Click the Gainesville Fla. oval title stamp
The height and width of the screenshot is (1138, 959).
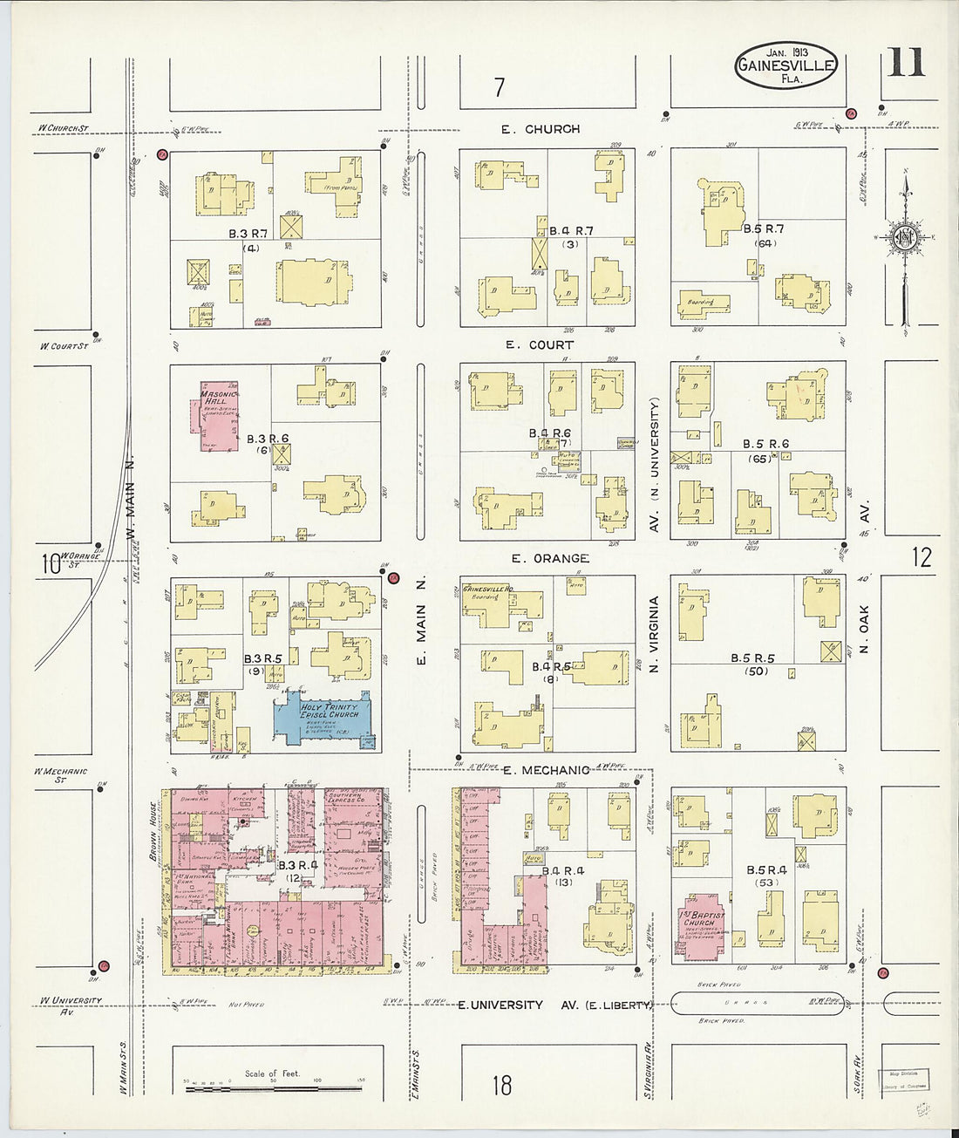click(786, 65)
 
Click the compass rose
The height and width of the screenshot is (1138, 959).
click(904, 236)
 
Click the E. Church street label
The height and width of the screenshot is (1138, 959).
click(541, 129)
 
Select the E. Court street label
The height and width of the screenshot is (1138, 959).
click(541, 345)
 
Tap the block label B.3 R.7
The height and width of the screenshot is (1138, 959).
click(248, 234)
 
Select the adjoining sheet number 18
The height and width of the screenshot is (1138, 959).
click(501, 1086)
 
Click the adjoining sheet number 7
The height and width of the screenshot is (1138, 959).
click(499, 87)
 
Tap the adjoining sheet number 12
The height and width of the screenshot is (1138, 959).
click(922, 557)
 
